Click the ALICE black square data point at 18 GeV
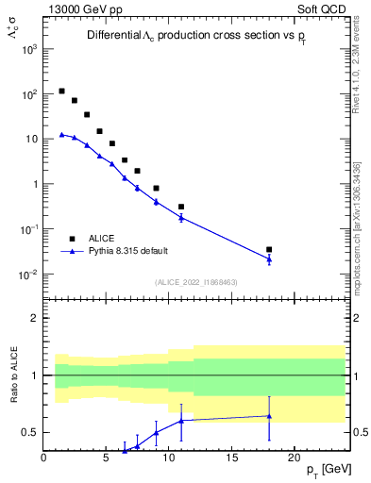(x=269, y=250)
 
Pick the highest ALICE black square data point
(x=61, y=92)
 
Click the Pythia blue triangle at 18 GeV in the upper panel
(x=269, y=258)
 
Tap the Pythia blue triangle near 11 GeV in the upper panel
(x=181, y=217)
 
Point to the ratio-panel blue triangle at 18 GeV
(x=269, y=415)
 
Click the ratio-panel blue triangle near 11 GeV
(x=181, y=420)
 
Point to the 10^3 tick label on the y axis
(x=27, y=49)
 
